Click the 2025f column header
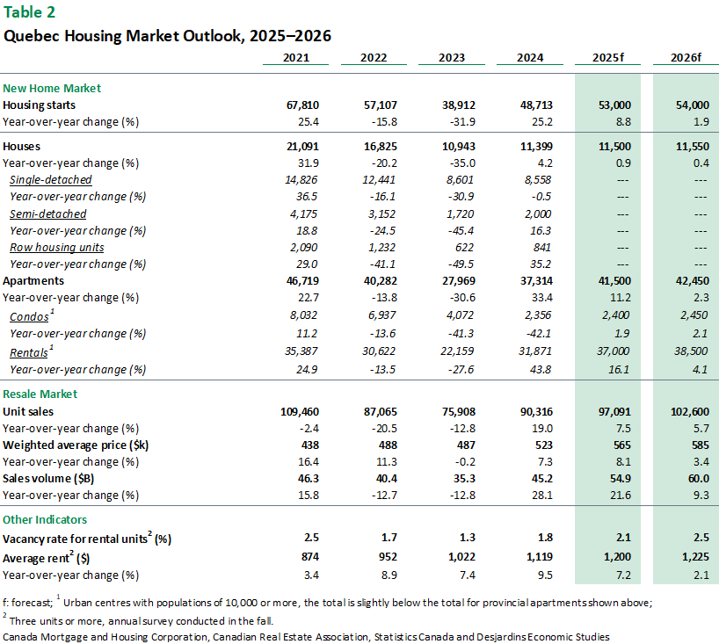(x=608, y=58)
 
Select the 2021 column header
(x=295, y=58)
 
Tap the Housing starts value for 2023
(x=459, y=105)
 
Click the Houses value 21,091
(x=302, y=147)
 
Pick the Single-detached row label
(x=51, y=180)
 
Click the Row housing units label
(x=57, y=248)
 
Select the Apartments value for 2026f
(x=693, y=281)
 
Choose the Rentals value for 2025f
(x=613, y=351)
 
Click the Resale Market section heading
(x=40, y=394)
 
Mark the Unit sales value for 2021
(x=300, y=411)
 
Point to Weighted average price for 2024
(x=543, y=445)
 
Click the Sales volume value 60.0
(x=699, y=479)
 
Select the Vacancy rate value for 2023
(x=468, y=537)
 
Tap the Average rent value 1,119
(x=540, y=557)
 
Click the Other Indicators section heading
(x=45, y=520)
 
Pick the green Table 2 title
(x=29, y=12)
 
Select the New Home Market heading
(x=52, y=89)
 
